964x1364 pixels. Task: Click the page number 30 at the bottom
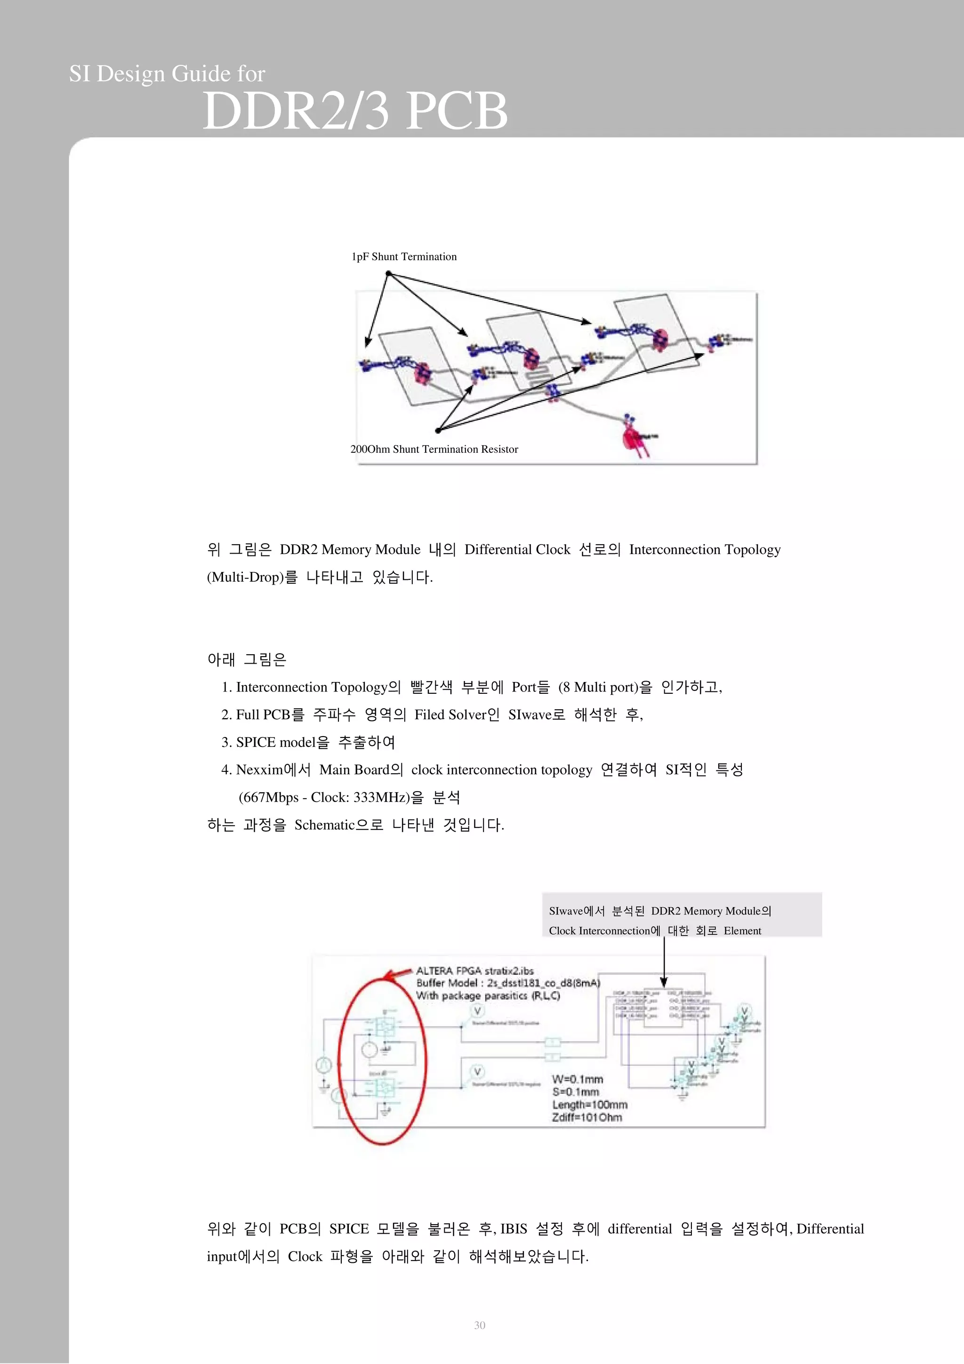pyautogui.click(x=479, y=1325)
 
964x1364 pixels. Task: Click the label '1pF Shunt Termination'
pyautogui.click(x=404, y=257)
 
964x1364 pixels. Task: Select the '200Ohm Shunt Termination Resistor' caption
pyautogui.click(x=434, y=449)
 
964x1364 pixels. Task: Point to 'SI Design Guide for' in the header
pyautogui.click(x=167, y=74)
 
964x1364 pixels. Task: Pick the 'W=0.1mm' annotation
pyautogui.click(x=578, y=1079)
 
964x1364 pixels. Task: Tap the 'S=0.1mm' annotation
pyautogui.click(x=575, y=1092)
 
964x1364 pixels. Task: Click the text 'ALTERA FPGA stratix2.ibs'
pyautogui.click(x=474, y=971)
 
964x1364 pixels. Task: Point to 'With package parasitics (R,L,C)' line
pyautogui.click(x=488, y=995)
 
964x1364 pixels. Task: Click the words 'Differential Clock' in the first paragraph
pyautogui.click(x=517, y=550)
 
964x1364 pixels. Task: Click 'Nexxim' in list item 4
pyautogui.click(x=259, y=770)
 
